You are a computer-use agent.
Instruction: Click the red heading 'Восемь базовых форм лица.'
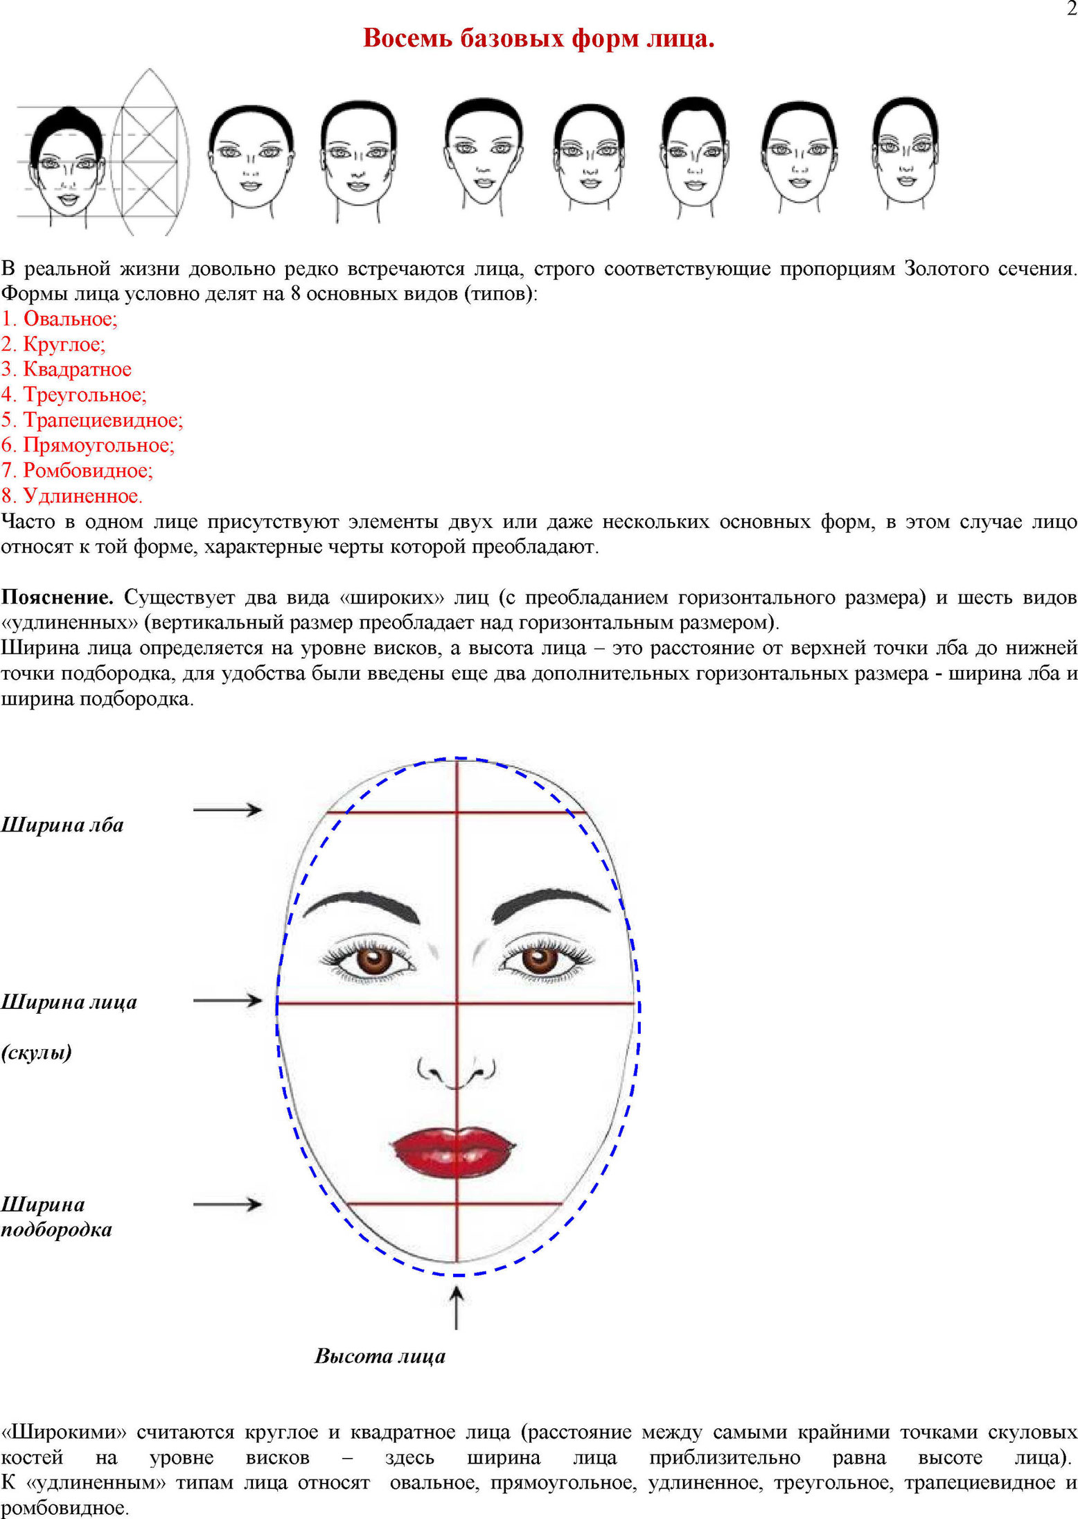click(538, 39)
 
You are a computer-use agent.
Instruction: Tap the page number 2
click(1071, 9)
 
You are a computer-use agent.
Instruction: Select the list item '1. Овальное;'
click(60, 319)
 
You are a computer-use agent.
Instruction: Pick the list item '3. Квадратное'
click(67, 369)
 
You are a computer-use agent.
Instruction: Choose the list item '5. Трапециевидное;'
click(92, 420)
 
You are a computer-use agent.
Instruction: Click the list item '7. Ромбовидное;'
click(77, 471)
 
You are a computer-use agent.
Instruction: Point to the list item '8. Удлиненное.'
click(72, 496)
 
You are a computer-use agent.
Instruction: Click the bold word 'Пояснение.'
click(58, 597)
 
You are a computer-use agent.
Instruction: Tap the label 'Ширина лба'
click(62, 825)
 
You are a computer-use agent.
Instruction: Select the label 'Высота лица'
click(380, 1355)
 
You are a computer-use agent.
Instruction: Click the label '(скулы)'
click(37, 1053)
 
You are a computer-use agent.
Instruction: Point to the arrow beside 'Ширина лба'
click(227, 809)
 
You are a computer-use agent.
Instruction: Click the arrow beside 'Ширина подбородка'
click(227, 1205)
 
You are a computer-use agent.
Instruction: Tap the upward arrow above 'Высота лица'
click(456, 1308)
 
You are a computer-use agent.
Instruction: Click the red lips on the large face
click(454, 1152)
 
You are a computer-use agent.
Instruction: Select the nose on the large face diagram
click(456, 1071)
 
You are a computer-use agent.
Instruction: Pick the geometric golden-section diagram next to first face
click(149, 152)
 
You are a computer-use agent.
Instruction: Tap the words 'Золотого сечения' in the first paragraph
click(989, 269)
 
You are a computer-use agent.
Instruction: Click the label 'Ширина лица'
click(69, 1002)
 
